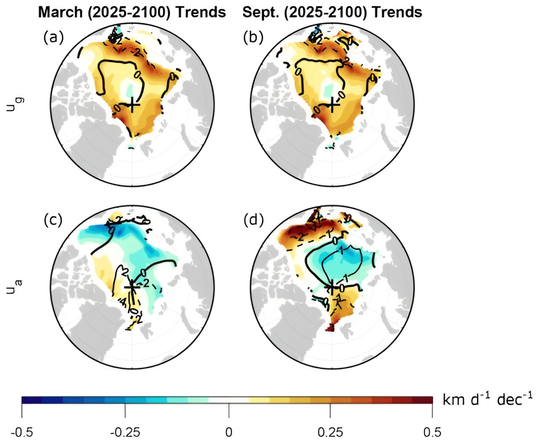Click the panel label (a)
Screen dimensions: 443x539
pos(53,38)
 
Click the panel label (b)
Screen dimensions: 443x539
pos(253,38)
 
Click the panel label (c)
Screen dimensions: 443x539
pos(53,220)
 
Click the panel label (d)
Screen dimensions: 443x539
pos(253,220)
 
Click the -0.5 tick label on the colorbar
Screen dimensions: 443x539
pos(22,432)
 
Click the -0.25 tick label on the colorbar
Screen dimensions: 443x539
pos(125,432)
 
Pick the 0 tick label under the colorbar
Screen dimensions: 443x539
pos(229,432)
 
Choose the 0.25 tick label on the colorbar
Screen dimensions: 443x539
pos(331,432)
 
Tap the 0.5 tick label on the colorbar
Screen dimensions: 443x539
pos(432,432)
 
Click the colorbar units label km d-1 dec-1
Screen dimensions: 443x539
pos(488,399)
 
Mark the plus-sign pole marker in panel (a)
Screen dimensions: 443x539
pos(133,104)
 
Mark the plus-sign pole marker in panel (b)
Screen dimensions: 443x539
pos(333,104)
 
